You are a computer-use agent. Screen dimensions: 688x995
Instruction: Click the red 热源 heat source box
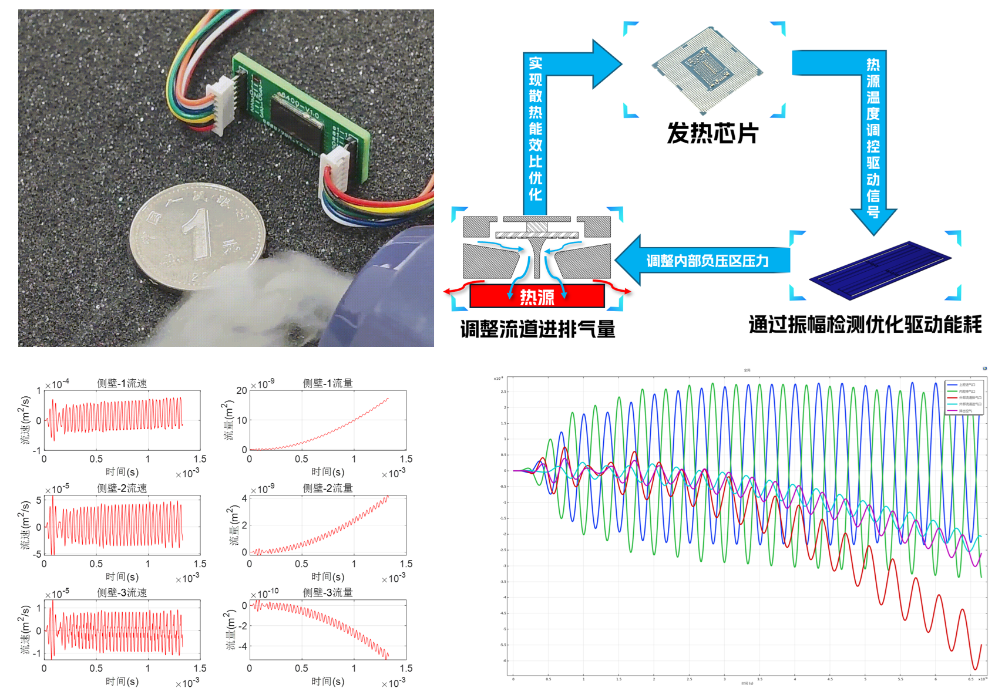click(x=537, y=296)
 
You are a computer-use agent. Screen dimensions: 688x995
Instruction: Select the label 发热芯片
click(x=712, y=133)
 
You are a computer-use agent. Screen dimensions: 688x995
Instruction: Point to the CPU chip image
click(x=707, y=69)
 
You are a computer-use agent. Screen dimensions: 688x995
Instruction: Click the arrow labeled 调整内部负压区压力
click(x=705, y=261)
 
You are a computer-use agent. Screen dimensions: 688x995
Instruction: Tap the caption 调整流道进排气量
click(x=537, y=329)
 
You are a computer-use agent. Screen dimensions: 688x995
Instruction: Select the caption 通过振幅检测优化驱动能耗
click(x=865, y=325)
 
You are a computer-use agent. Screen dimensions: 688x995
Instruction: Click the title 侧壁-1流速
click(x=122, y=383)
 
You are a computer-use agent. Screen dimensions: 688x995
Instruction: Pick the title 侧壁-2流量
click(x=328, y=488)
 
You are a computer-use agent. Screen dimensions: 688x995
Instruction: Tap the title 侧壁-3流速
click(x=122, y=592)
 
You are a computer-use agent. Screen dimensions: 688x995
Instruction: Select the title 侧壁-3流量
click(x=328, y=592)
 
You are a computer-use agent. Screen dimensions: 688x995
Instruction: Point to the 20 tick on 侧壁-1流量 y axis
click(x=241, y=390)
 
